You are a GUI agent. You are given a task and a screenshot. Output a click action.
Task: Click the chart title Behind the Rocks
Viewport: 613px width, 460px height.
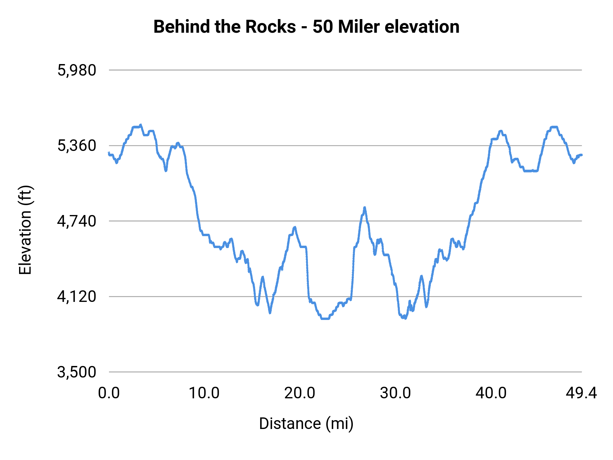coord(225,27)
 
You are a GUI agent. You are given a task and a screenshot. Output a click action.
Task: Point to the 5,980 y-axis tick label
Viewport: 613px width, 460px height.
coord(77,70)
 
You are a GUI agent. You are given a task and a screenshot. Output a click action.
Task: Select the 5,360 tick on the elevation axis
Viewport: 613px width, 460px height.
coord(77,146)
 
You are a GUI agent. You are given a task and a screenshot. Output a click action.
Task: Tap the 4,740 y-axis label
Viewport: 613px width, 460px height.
coord(77,221)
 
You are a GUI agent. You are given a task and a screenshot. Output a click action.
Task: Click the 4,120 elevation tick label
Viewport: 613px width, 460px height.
coord(77,297)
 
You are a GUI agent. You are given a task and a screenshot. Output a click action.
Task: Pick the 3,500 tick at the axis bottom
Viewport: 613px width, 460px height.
coord(77,372)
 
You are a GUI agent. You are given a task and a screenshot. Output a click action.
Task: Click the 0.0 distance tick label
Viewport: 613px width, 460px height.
coord(109,393)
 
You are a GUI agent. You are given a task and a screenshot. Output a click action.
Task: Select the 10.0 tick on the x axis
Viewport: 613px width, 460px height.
coord(204,393)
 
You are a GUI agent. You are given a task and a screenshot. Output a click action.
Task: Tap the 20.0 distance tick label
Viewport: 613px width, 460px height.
coord(300,393)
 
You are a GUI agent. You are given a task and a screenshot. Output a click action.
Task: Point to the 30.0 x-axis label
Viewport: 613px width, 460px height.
coord(395,393)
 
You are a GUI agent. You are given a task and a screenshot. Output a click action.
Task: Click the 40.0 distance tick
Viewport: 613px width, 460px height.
coord(491,393)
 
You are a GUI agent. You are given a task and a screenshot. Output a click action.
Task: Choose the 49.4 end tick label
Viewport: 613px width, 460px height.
coord(581,393)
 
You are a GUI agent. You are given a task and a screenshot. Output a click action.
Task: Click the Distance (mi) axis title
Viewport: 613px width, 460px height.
coord(306,424)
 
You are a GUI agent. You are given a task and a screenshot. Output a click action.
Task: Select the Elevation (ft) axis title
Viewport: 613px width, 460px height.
coord(25,230)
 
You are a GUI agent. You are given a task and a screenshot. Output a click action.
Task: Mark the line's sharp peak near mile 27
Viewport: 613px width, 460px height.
coord(364,207)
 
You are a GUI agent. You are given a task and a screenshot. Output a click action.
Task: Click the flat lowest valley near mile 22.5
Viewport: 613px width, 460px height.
coord(325,319)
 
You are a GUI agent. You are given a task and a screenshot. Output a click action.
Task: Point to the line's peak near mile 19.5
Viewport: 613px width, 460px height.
coord(295,227)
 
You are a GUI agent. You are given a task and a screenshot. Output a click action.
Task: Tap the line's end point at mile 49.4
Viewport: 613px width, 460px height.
coord(582,155)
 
